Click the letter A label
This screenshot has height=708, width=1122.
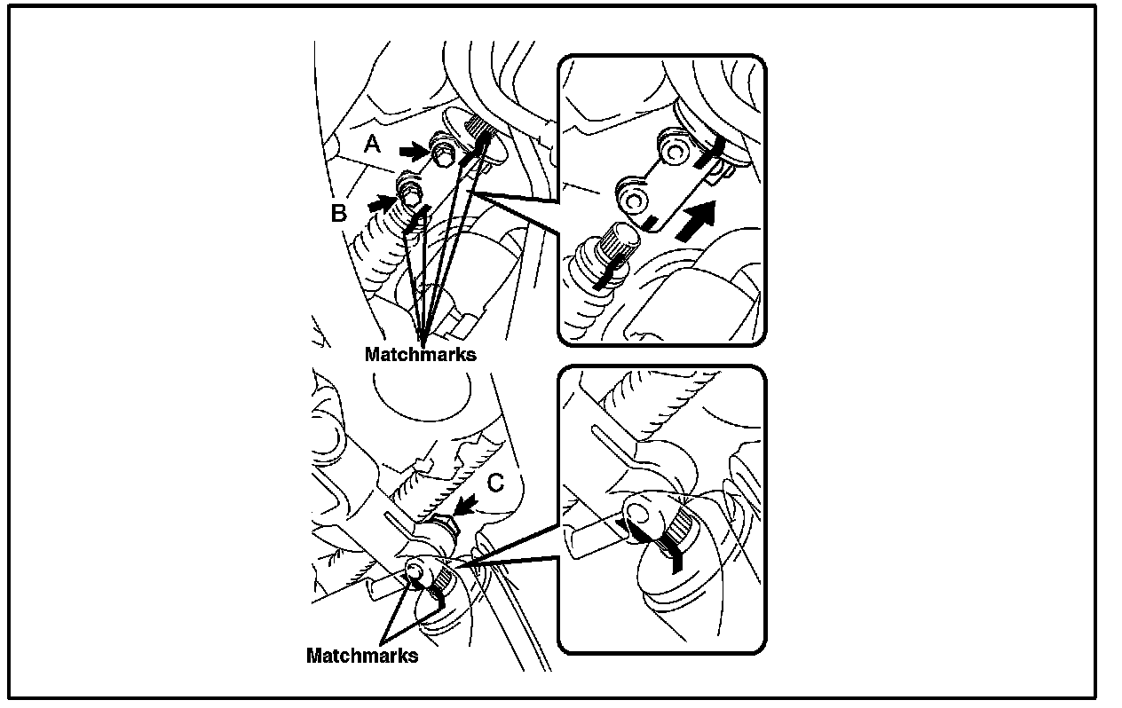click(372, 144)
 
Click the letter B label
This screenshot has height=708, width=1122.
click(338, 214)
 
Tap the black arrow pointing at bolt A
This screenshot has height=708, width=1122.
click(412, 152)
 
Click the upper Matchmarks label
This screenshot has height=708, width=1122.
click(420, 354)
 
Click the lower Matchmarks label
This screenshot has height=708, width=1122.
click(361, 657)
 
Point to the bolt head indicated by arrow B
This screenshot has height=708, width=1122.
click(410, 188)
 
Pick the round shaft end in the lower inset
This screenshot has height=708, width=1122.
click(639, 514)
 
